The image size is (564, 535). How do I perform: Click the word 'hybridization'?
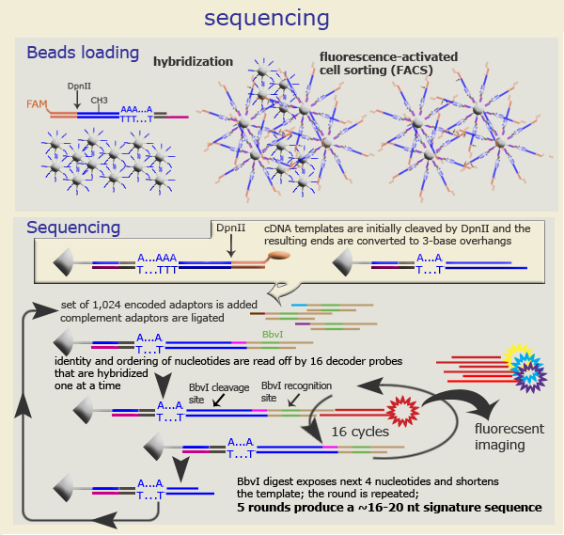pos(193,61)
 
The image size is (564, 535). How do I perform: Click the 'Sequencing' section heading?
pos(73,228)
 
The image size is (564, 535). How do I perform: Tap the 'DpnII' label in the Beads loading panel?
pos(79,86)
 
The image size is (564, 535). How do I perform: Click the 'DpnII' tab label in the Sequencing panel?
pos(230,228)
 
